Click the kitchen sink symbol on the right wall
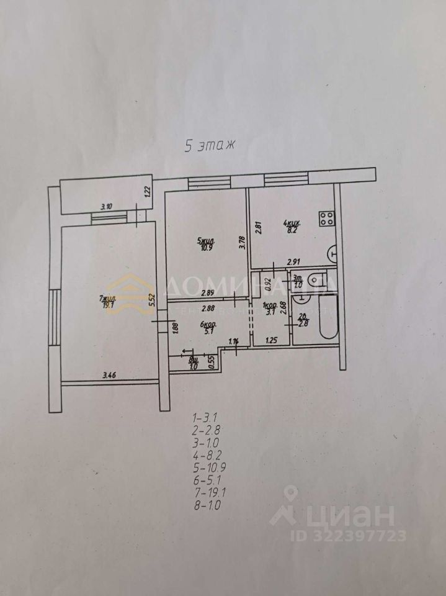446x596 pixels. [332, 253]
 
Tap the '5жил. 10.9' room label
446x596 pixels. [207, 243]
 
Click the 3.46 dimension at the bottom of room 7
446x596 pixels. [109, 374]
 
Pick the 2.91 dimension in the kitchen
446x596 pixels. [293, 262]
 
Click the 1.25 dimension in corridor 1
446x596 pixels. [271, 340]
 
